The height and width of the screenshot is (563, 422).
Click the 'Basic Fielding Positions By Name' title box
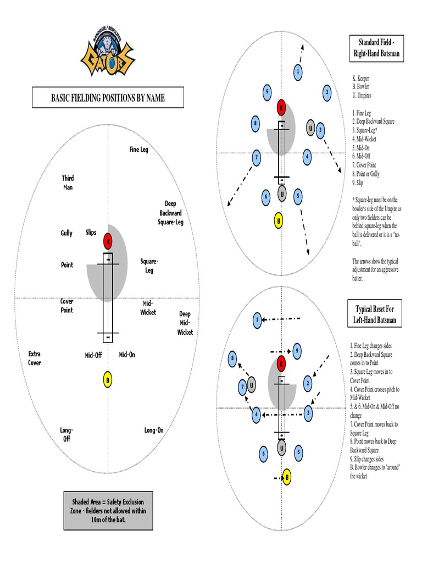click(x=108, y=98)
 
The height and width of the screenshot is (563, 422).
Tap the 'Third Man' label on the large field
click(x=68, y=183)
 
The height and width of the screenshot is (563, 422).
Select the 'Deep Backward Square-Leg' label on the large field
click(x=170, y=213)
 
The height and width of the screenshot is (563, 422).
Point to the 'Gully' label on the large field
click(x=66, y=233)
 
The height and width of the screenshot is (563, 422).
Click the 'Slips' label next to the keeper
click(x=91, y=233)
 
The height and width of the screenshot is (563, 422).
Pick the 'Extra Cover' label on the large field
click(x=35, y=358)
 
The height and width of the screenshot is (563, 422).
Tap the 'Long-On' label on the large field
click(x=154, y=430)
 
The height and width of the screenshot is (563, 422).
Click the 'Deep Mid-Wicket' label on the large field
click(x=185, y=323)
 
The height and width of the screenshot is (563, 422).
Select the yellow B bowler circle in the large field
click(x=108, y=380)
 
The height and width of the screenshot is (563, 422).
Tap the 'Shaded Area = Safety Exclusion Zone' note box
click(x=108, y=510)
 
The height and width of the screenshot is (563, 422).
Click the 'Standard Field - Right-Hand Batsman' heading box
click(x=376, y=48)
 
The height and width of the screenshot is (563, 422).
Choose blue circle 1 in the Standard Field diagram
click(x=297, y=71)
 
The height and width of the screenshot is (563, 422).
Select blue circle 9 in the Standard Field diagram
click(x=266, y=91)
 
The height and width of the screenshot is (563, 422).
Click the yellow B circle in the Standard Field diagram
click(x=279, y=221)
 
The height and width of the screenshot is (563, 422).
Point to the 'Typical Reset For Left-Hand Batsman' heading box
click(x=376, y=314)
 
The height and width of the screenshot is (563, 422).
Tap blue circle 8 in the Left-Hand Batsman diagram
click(x=233, y=358)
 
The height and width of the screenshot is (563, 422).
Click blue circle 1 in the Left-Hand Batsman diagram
click(x=257, y=319)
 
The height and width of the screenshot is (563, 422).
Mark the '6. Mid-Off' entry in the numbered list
click(x=364, y=156)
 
